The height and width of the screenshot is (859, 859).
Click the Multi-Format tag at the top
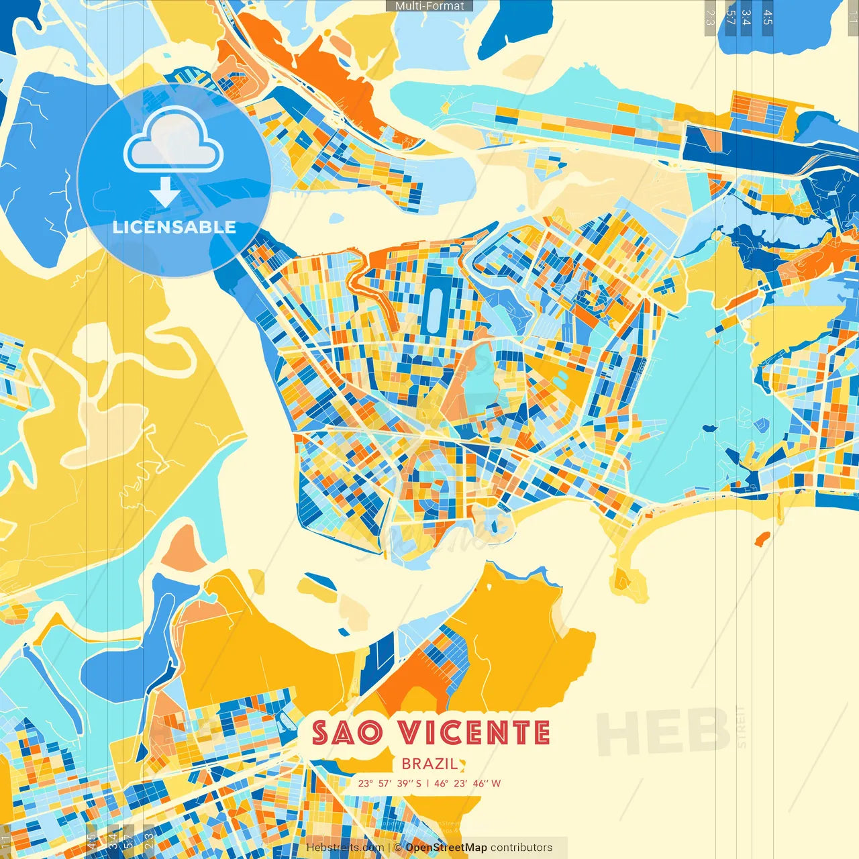tap(429, 6)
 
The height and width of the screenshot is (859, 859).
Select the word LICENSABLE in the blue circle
tap(174, 227)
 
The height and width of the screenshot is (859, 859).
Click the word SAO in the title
tap(347, 733)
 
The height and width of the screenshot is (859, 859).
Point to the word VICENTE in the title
tap(474, 733)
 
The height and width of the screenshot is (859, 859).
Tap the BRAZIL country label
tap(429, 764)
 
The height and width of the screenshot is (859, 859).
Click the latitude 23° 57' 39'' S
tap(390, 783)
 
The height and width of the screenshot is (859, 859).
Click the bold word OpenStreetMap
tap(446, 848)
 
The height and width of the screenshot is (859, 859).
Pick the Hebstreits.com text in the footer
tap(345, 848)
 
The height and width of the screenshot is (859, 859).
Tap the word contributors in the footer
tap(521, 848)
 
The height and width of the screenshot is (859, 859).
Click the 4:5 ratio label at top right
tap(767, 17)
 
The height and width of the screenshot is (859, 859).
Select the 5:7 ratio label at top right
tap(730, 17)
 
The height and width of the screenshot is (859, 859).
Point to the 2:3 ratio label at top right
tap(710, 17)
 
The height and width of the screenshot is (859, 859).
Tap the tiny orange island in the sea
tap(762, 539)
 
